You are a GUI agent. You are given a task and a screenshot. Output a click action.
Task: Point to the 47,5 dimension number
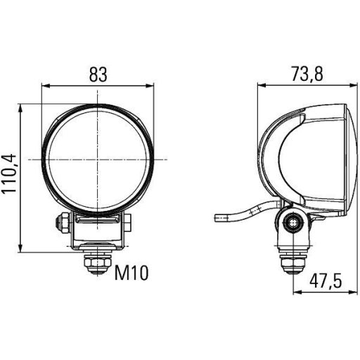tap(325, 282)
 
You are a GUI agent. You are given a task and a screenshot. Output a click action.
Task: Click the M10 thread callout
tap(131, 272)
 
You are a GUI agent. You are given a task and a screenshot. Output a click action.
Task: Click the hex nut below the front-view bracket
tap(93, 264)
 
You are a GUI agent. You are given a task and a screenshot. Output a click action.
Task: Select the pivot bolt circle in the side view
tap(291, 224)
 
